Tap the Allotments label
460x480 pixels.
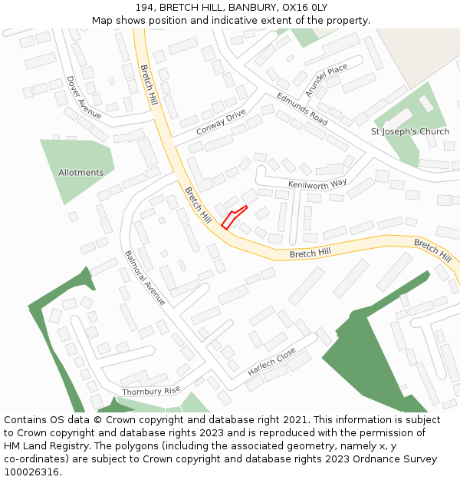(80, 173)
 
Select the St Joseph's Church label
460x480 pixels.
(410, 131)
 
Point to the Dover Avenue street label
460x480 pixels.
(84, 97)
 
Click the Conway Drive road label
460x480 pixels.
(221, 122)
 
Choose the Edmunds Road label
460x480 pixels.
(302, 109)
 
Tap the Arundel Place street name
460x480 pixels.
(326, 80)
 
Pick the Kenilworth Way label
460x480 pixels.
(317, 184)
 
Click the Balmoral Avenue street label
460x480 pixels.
(145, 277)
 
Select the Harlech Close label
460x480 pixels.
(271, 362)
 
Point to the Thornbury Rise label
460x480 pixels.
(151, 392)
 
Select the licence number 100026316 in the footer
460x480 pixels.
(31, 472)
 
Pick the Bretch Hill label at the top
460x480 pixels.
(149, 84)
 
